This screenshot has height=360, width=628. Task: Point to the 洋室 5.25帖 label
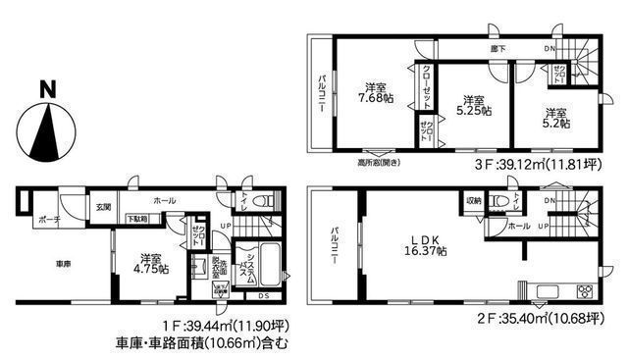473,107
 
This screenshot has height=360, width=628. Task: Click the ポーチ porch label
40,221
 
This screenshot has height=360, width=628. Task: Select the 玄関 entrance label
104,206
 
